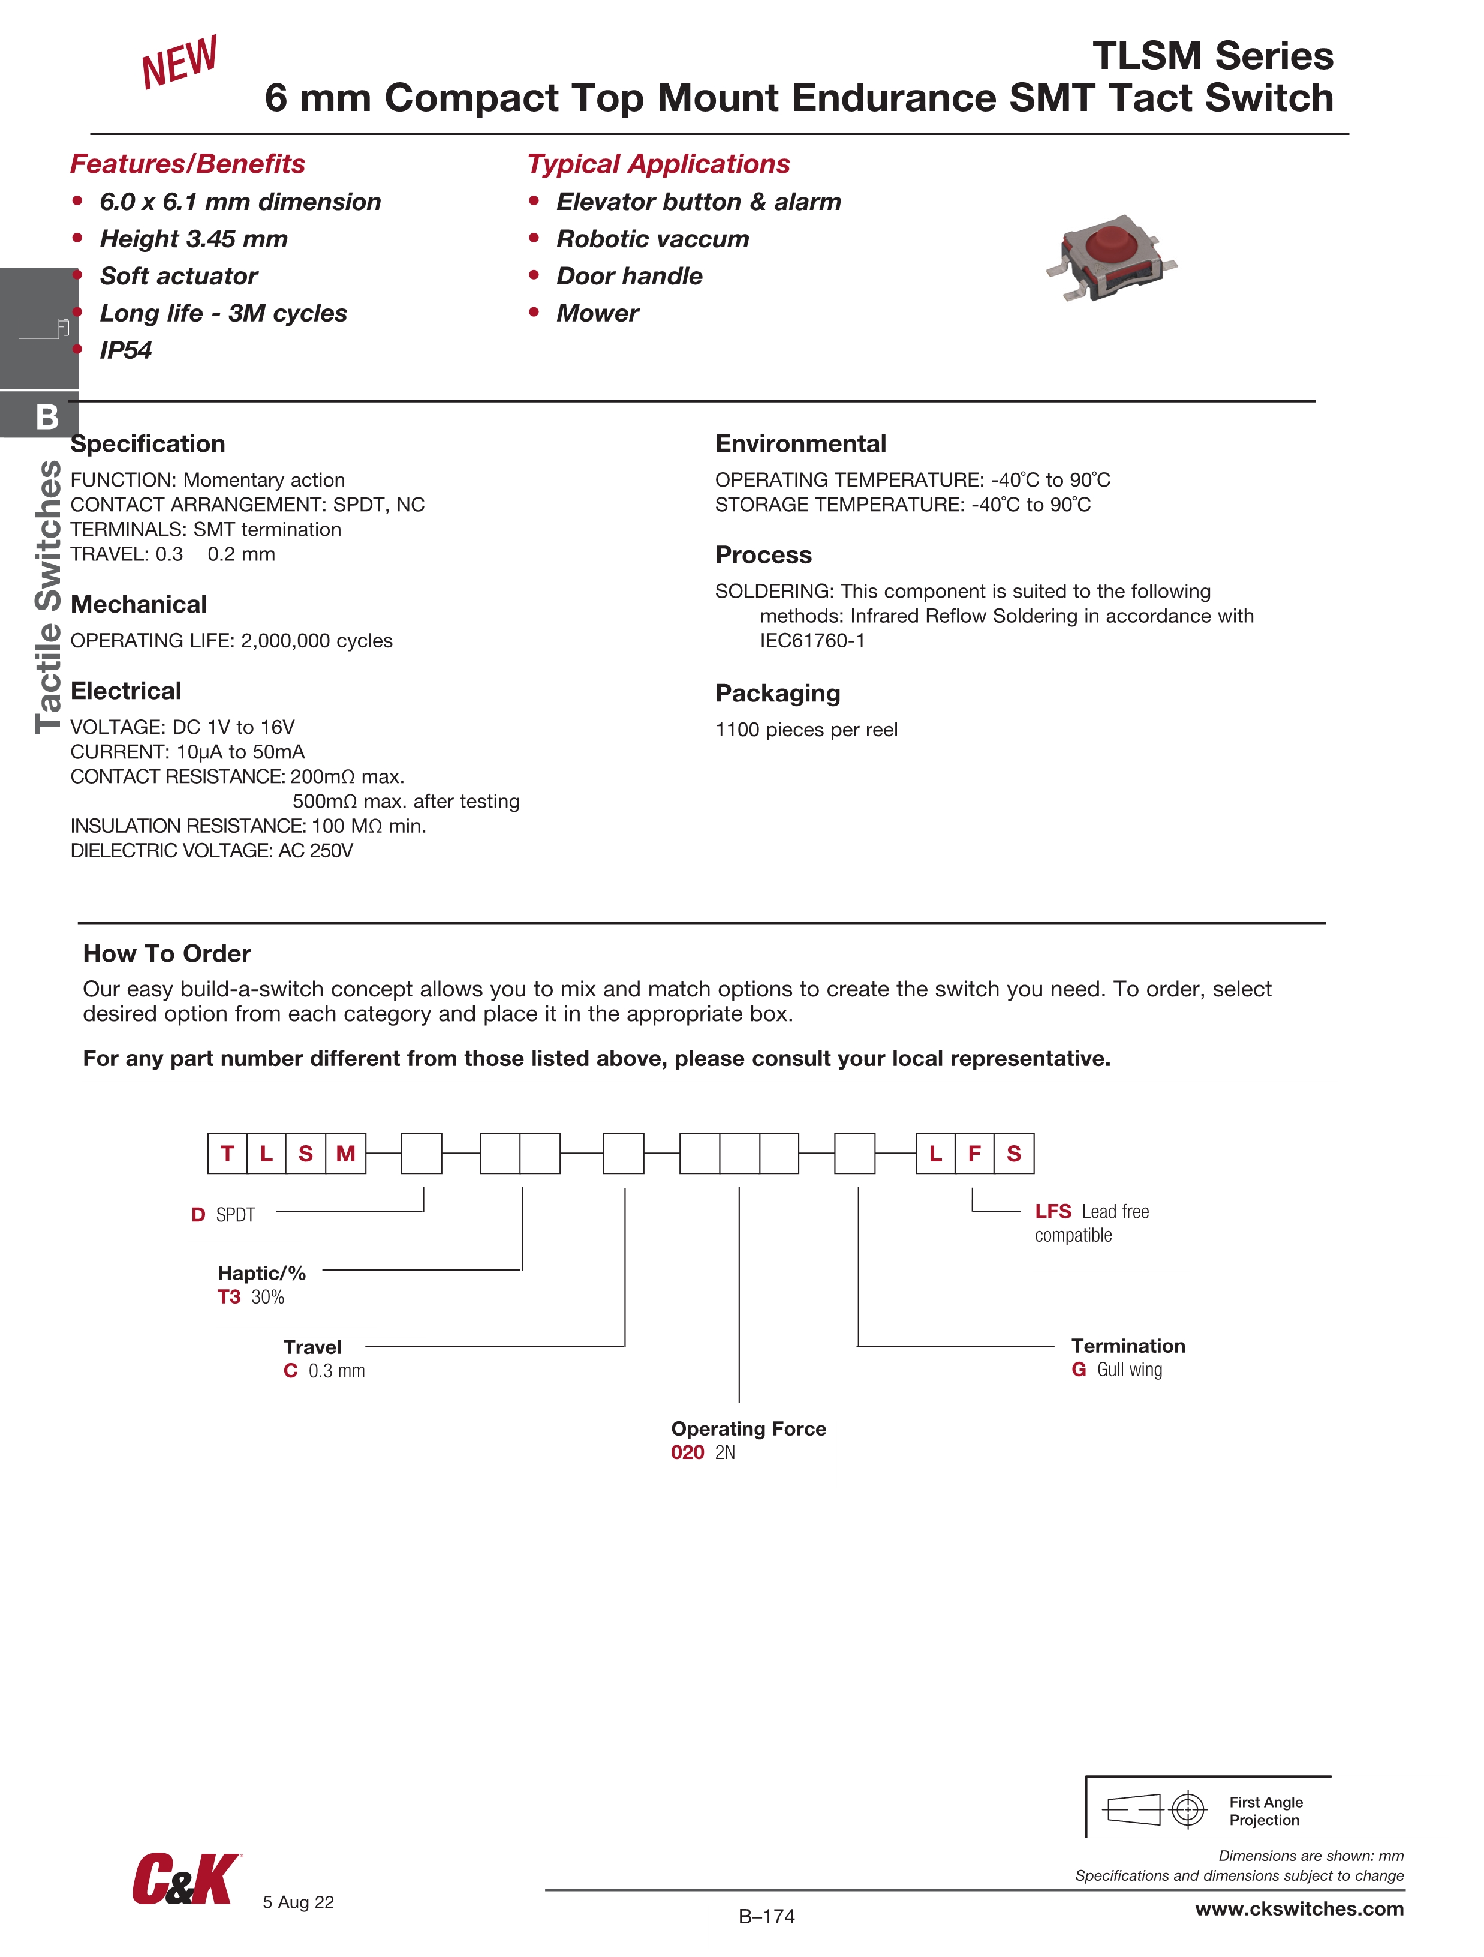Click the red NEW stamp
pyautogui.click(x=179, y=62)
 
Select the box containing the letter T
pyautogui.click(x=227, y=1153)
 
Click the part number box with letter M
pyautogui.click(x=346, y=1153)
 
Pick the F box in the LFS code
pyautogui.click(x=974, y=1153)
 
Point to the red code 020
pyautogui.click(x=687, y=1452)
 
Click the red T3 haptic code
pyautogui.click(x=229, y=1297)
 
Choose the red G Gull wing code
pyautogui.click(x=1079, y=1370)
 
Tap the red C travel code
pyautogui.click(x=290, y=1370)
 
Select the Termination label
pyautogui.click(x=1128, y=1346)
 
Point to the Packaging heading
pyautogui.click(x=777, y=693)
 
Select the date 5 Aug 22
pyautogui.click(x=298, y=1902)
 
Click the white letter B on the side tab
pyautogui.click(x=47, y=417)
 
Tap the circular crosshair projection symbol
pyautogui.click(x=1188, y=1809)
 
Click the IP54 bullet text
pyautogui.click(x=125, y=350)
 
